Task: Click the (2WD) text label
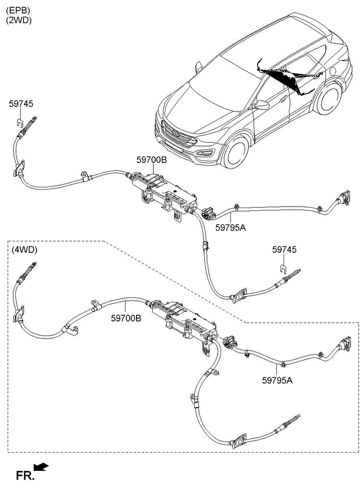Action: (x=19, y=20)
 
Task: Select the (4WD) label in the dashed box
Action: (x=24, y=250)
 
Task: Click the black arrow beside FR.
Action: (x=41, y=467)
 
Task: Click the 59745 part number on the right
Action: (x=285, y=250)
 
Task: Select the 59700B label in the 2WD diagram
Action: (x=151, y=160)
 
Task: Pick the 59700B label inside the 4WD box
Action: (x=126, y=318)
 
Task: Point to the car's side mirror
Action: (x=262, y=105)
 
